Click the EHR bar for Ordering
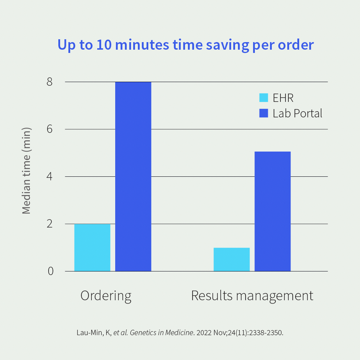92,247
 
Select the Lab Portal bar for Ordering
133,176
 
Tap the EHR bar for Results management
231,259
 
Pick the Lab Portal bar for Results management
273,211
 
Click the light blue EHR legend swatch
264,98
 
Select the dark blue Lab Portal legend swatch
264,113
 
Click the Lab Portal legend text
297,113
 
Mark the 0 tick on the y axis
50,271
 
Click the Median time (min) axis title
26,171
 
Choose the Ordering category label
106,296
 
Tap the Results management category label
252,296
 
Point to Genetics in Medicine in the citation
161,333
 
